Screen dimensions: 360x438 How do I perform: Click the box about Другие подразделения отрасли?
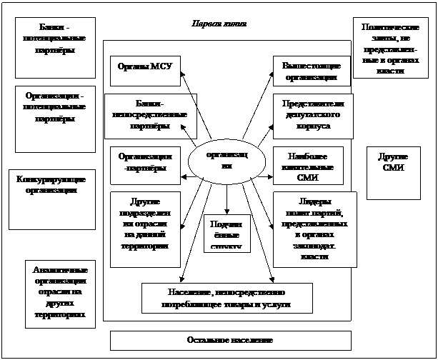click(144, 221)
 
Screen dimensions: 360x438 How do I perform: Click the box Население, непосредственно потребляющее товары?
click(227, 298)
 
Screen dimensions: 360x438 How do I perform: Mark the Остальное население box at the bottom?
click(230, 340)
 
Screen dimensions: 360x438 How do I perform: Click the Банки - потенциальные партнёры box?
click(56, 47)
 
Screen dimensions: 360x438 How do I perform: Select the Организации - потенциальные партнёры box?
click(55, 119)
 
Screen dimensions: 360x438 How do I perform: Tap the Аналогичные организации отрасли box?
click(60, 293)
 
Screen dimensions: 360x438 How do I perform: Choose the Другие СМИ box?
click(393, 172)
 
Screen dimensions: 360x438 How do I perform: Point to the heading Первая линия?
click(220, 24)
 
